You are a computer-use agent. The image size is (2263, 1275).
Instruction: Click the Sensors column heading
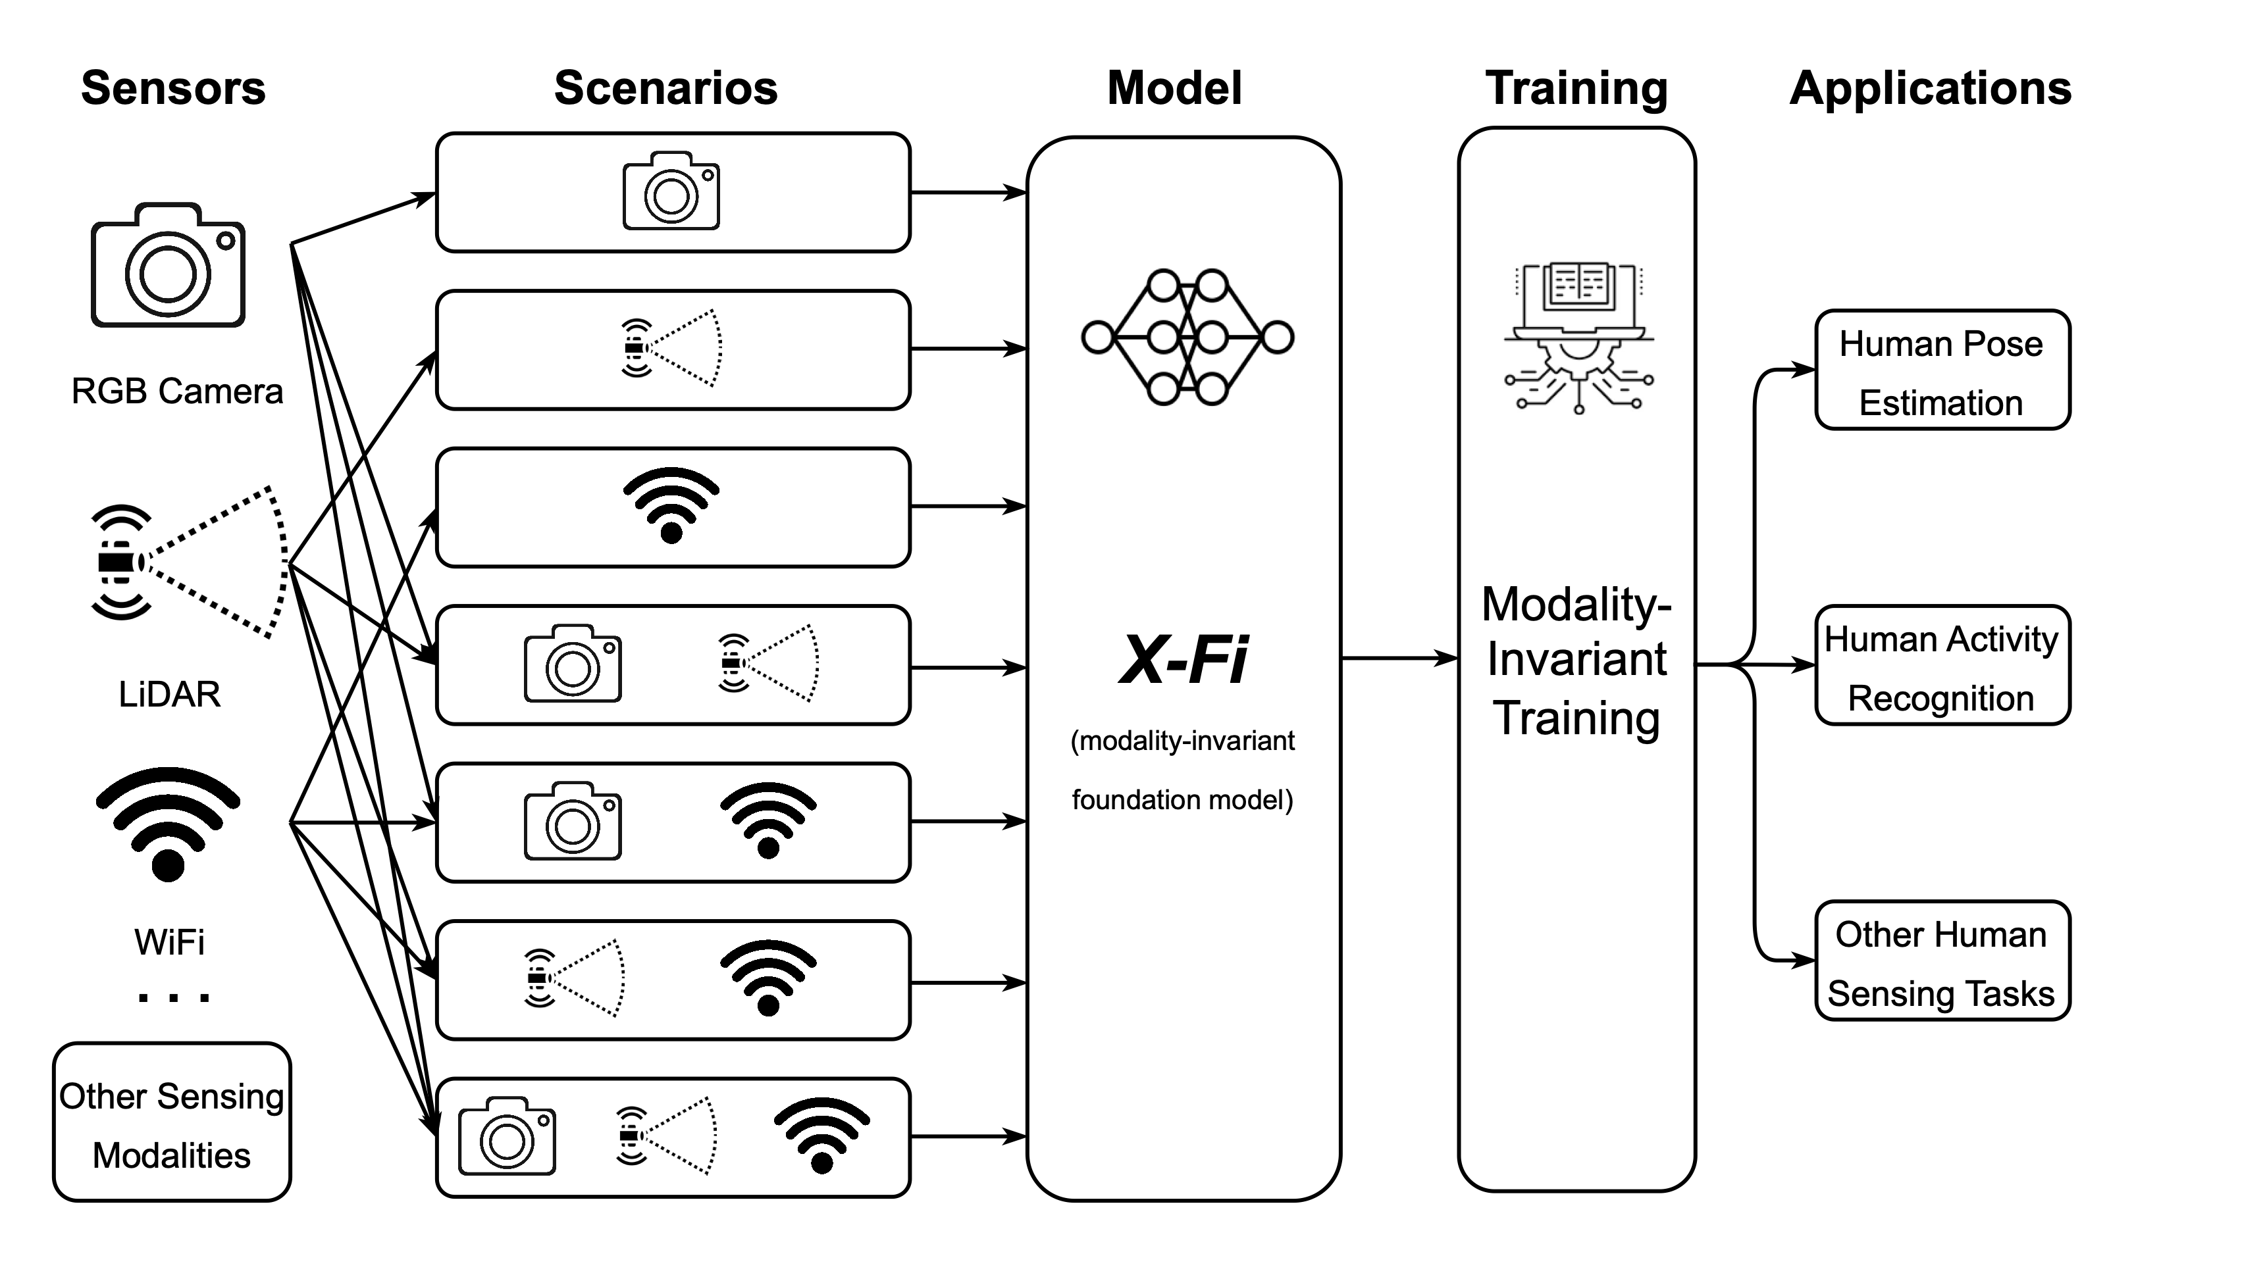(x=173, y=89)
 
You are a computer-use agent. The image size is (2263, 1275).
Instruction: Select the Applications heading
(x=1930, y=89)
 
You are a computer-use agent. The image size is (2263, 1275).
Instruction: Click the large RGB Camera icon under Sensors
(x=168, y=266)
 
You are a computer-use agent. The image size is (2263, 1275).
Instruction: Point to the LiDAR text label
(x=170, y=695)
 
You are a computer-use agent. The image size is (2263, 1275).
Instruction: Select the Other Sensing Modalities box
(x=172, y=1122)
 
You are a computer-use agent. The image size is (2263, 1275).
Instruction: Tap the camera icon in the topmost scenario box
(x=671, y=191)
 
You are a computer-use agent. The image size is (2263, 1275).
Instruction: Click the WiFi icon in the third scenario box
(x=671, y=505)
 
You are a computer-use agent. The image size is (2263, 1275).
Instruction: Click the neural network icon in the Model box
(x=1187, y=337)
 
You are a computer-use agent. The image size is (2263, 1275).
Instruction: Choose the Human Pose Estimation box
(x=1942, y=370)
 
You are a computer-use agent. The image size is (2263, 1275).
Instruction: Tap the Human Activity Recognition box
(x=1942, y=666)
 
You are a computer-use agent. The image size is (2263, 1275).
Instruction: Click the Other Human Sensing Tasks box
(x=1942, y=962)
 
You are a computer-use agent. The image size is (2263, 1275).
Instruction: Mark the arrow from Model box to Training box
(x=1399, y=658)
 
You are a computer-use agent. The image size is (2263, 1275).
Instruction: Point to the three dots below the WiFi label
(x=174, y=997)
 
